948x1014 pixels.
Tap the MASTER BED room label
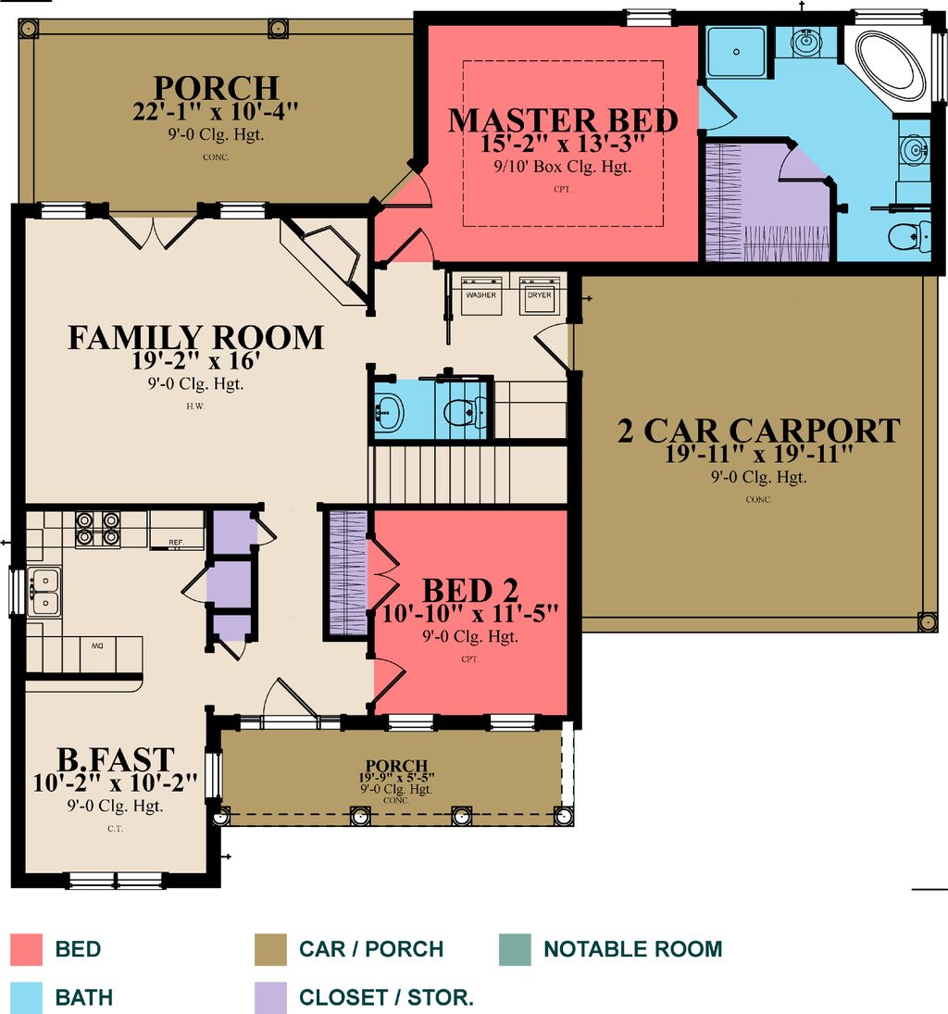click(x=563, y=121)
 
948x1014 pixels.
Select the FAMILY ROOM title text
click(x=195, y=337)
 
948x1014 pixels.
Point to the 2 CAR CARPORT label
click(x=758, y=431)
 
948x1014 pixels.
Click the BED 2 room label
click(x=470, y=590)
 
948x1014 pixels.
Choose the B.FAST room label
click(x=115, y=760)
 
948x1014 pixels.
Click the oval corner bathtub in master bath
click(x=890, y=68)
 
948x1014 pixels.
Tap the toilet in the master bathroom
click(x=907, y=237)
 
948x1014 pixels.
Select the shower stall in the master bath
click(x=737, y=53)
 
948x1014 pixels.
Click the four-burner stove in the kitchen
click(x=97, y=528)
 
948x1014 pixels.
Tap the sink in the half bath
click(x=390, y=409)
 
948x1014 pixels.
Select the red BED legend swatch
click(x=27, y=949)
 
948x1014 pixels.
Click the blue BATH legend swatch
click(x=27, y=997)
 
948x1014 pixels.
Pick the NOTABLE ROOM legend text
click(x=632, y=949)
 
